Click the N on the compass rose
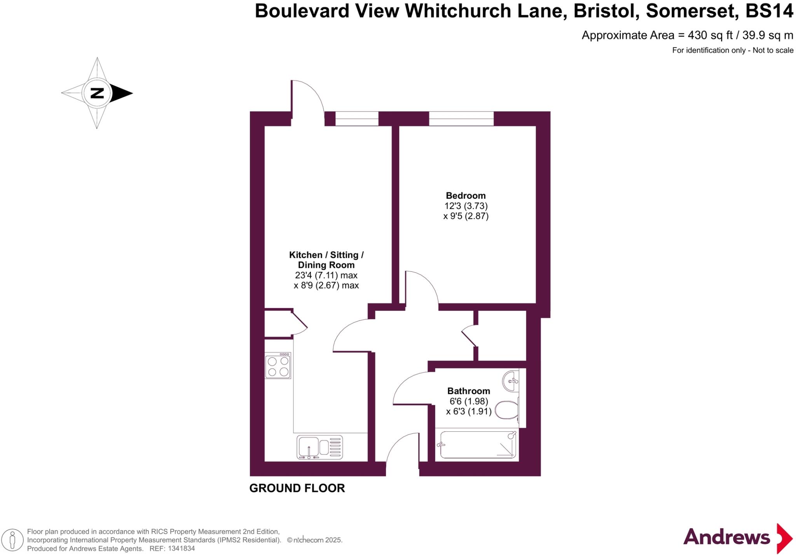coord(97,93)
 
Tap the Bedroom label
coord(466,196)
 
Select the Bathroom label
coord(468,391)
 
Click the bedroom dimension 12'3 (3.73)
coord(466,206)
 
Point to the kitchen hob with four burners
coord(278,366)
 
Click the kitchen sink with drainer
coord(319,447)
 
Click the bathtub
coord(478,445)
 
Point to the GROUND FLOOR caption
coord(297,488)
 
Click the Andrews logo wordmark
coord(726,537)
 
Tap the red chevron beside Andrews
coord(784,539)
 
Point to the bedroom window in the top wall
coord(461,118)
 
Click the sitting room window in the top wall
coord(357,118)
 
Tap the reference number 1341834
coord(180,549)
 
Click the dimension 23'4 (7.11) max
coord(326,275)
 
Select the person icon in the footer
coord(12,540)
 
